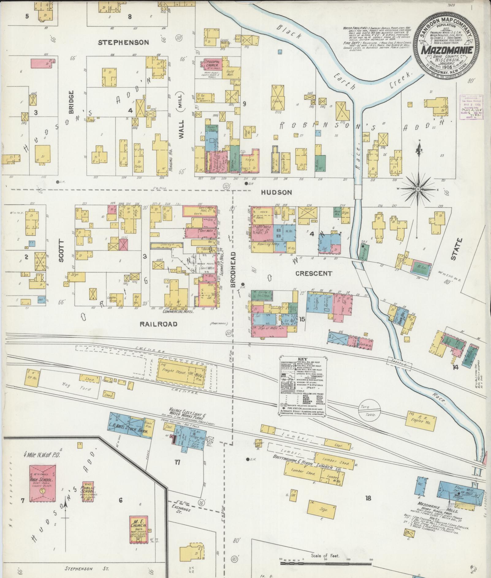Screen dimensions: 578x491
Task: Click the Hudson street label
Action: [x=276, y=192]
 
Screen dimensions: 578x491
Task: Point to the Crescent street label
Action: [x=313, y=273]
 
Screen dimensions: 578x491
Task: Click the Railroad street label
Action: [x=159, y=324]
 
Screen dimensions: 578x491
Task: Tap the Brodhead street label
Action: [x=233, y=270]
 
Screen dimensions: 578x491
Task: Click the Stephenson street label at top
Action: [x=123, y=43]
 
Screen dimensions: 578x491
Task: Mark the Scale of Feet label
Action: [x=325, y=555]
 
